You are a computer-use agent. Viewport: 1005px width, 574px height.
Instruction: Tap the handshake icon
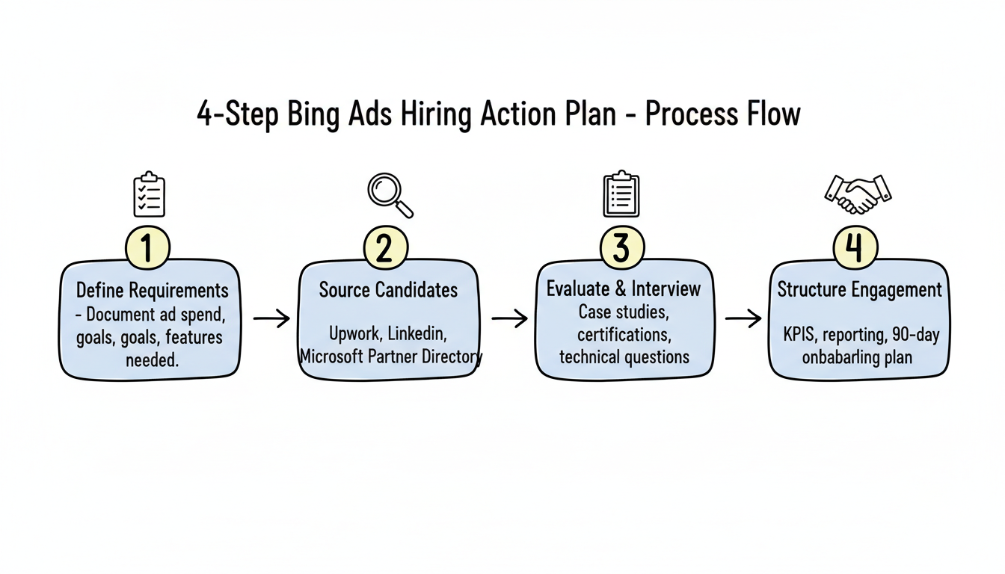pos(858,194)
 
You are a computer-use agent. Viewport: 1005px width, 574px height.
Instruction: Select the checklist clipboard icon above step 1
pos(149,194)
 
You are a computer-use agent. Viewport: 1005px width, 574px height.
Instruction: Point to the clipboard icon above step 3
pos(621,194)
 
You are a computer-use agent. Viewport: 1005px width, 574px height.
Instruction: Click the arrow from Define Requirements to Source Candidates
pos(271,319)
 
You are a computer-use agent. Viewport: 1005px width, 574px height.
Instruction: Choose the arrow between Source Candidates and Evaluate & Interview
pos(509,319)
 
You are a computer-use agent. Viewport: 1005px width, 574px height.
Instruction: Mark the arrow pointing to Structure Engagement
pos(743,319)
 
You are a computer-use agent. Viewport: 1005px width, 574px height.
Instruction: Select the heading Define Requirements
pos(153,290)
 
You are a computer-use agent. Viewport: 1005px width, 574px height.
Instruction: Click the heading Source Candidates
pos(388,290)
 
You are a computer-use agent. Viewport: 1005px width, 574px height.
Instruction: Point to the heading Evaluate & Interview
pos(624,288)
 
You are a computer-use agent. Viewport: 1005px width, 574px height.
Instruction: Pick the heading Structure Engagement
pos(859,290)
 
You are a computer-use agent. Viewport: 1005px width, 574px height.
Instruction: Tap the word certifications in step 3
pos(622,334)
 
